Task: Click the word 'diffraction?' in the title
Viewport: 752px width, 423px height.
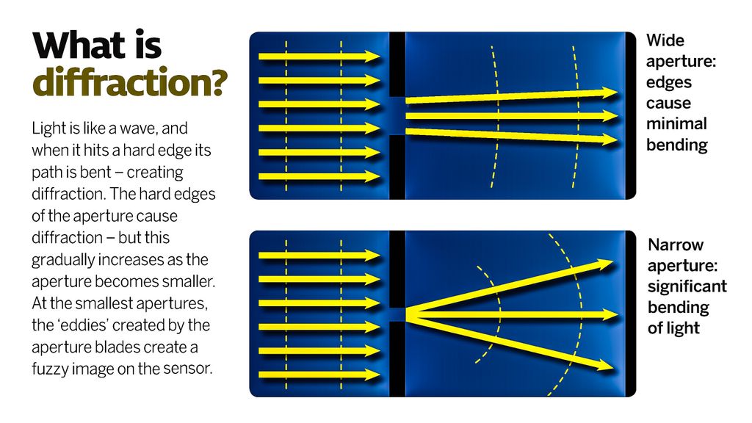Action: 129,82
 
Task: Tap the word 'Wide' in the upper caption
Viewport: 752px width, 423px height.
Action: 665,40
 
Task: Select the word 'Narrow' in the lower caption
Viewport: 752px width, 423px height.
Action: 676,245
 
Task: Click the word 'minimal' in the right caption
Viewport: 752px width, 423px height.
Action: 676,123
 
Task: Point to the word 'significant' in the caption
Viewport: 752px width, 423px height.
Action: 687,286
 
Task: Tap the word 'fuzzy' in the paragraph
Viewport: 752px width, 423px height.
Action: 49,368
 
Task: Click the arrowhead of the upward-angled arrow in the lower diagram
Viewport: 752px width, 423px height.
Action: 607,264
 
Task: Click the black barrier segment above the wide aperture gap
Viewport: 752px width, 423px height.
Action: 397,65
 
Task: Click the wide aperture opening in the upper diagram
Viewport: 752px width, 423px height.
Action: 397,115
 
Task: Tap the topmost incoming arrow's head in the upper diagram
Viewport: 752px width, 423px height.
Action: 373,57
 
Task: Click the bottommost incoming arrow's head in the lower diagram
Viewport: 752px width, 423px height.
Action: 373,375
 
